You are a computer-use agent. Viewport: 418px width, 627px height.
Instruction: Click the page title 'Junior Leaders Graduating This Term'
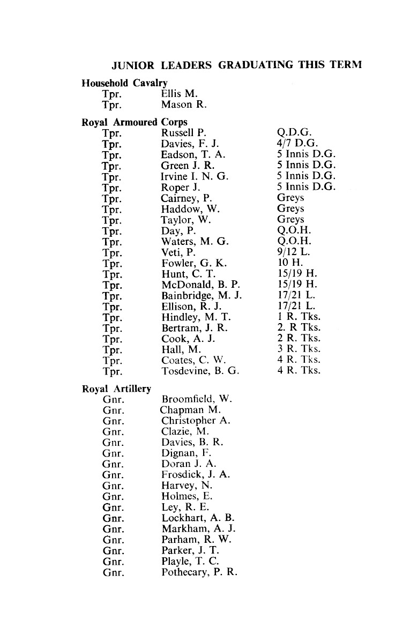(x=236, y=65)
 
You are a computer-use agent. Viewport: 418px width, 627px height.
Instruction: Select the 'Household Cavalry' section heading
(x=124, y=83)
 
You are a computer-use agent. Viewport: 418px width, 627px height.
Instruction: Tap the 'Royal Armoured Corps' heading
(x=135, y=122)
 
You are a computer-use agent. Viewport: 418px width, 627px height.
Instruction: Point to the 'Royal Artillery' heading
(x=116, y=389)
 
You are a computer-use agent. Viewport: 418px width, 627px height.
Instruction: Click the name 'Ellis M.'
(x=180, y=94)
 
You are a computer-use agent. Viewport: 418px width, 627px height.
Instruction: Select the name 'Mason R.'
(x=184, y=105)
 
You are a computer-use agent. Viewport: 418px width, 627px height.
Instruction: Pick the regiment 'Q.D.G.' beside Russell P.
(x=295, y=133)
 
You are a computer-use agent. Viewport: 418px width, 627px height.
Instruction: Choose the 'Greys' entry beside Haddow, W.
(x=290, y=208)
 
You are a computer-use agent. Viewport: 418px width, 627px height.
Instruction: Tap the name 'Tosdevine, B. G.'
(x=200, y=371)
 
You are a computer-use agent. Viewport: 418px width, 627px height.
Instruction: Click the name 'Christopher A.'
(x=196, y=421)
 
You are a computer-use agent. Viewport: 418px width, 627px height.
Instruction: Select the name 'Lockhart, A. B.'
(x=198, y=518)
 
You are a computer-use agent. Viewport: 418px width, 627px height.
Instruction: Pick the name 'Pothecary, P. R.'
(x=199, y=572)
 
